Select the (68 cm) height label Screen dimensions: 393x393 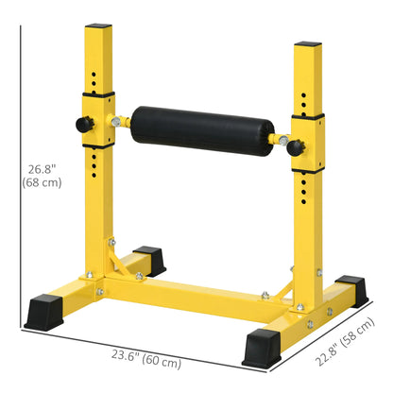click(x=43, y=182)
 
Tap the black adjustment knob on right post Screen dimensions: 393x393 click(x=296, y=146)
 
